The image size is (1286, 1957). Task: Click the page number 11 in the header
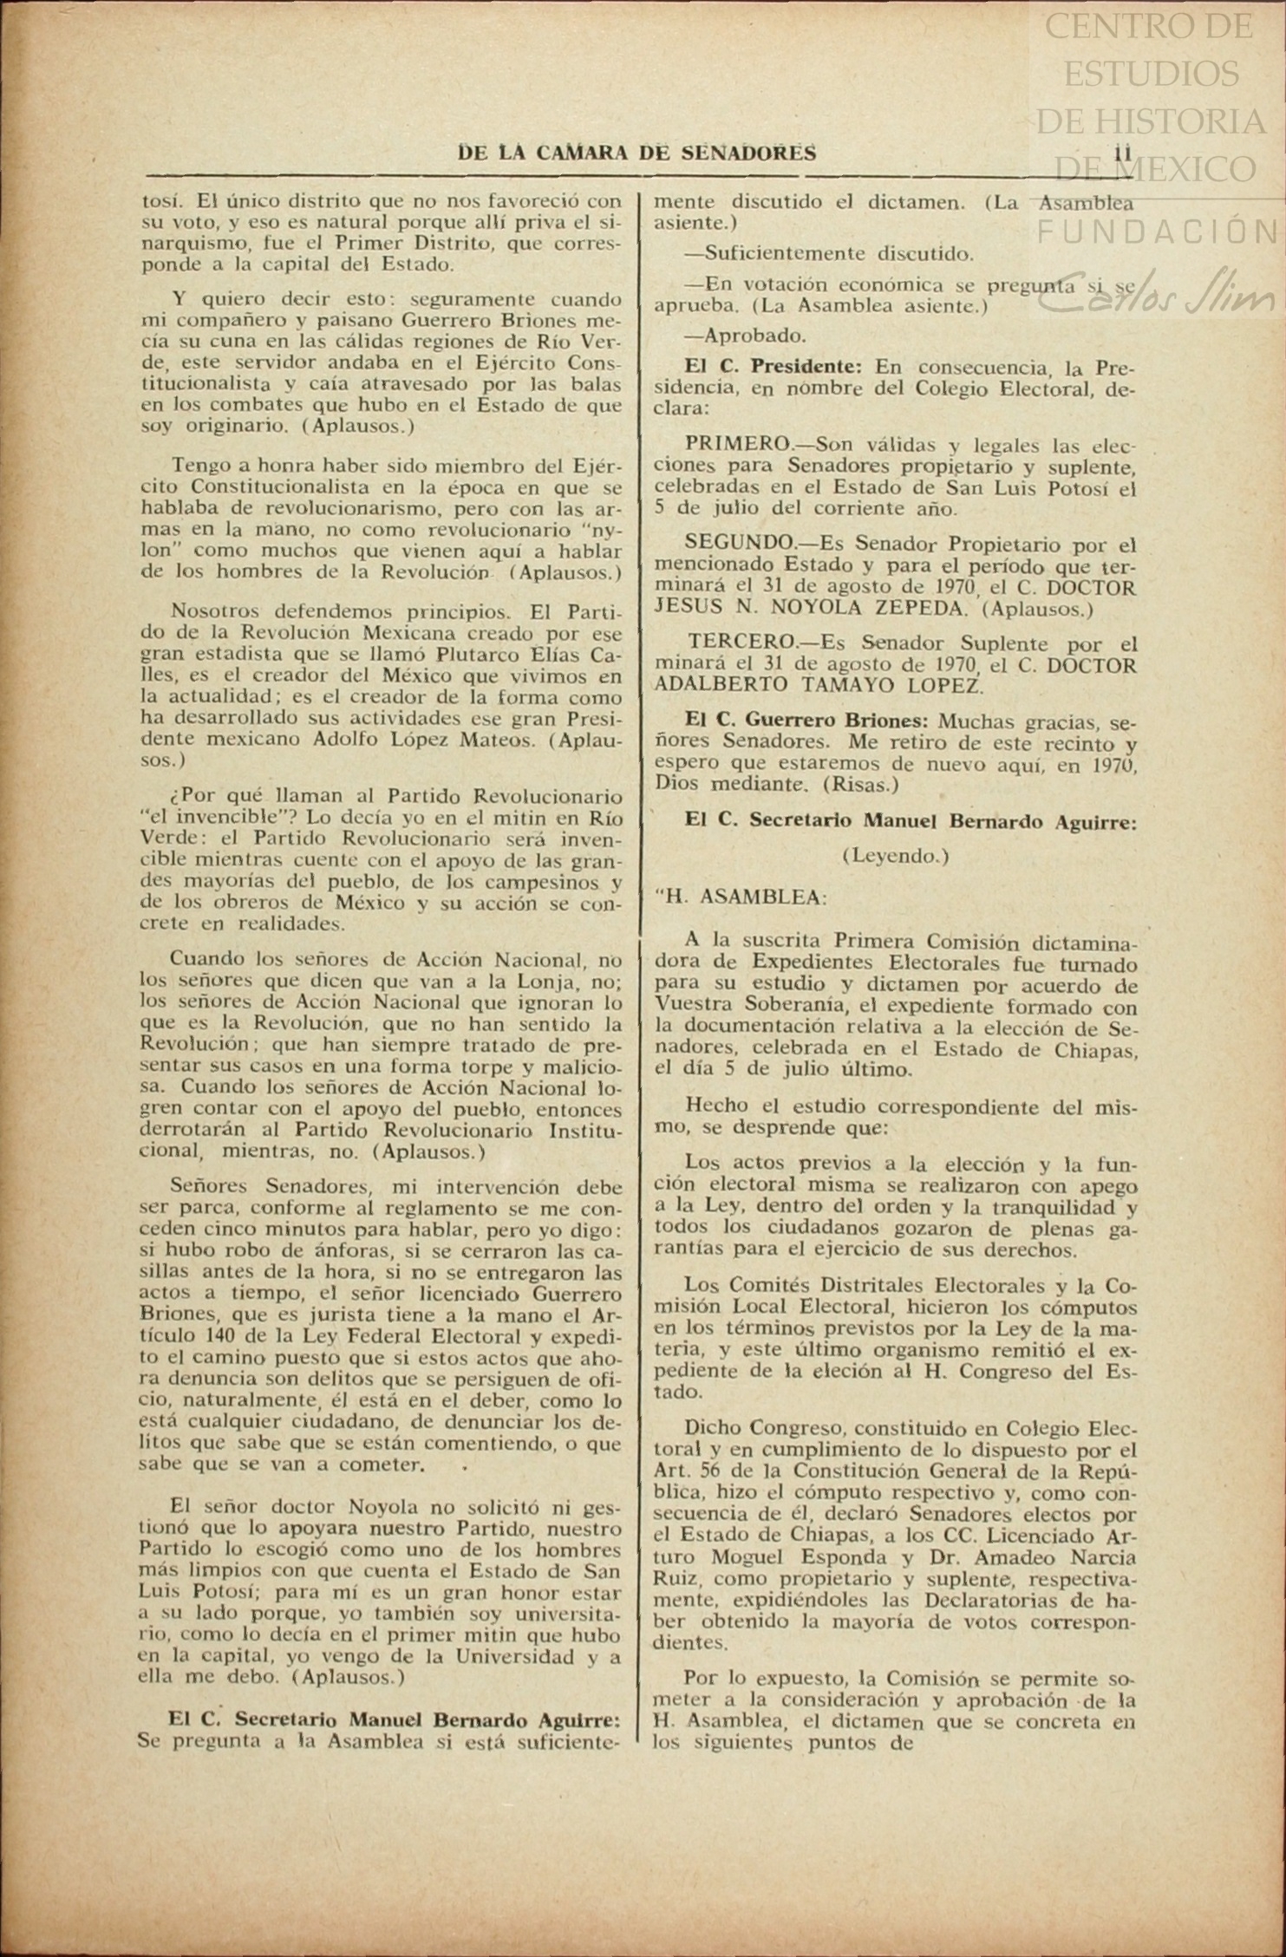[x=1124, y=153]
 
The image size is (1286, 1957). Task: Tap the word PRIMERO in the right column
[x=737, y=445]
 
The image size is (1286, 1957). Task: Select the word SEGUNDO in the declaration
[x=739, y=544]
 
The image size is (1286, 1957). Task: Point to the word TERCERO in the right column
[x=742, y=643]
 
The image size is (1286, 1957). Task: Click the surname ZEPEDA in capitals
[x=916, y=609]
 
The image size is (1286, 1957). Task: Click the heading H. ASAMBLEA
[x=744, y=897]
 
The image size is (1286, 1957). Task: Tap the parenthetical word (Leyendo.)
[x=896, y=856]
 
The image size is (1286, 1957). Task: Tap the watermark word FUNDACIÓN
[x=1159, y=232]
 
